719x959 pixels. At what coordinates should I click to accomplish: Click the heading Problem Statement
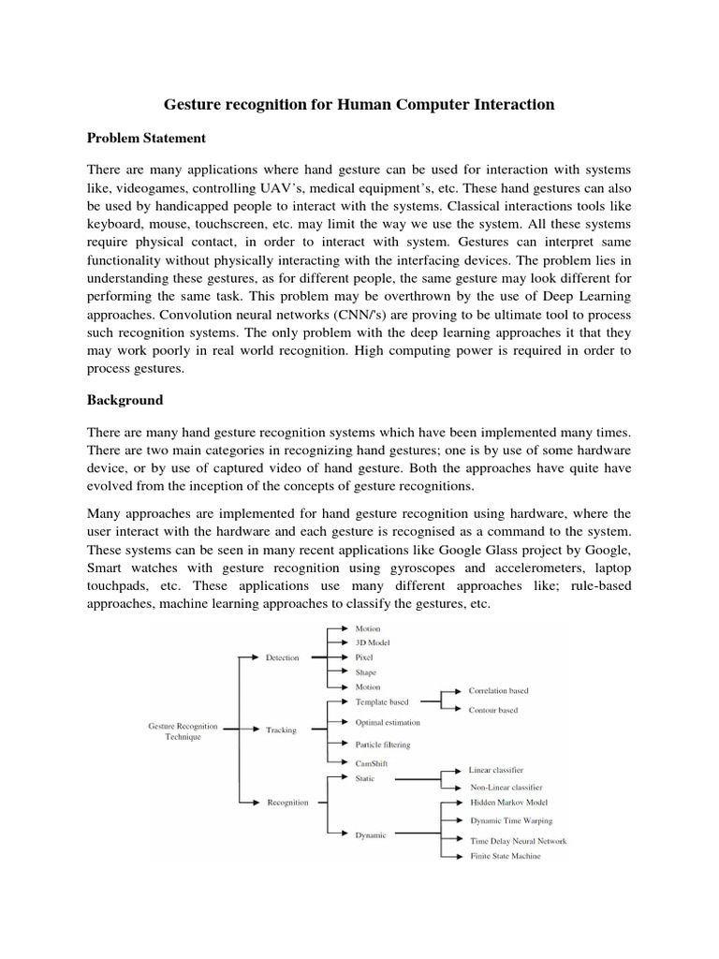146,138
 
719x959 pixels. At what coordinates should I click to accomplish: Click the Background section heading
125,400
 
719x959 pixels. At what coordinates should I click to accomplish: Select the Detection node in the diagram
282,657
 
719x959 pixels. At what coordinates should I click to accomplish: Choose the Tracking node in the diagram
281,730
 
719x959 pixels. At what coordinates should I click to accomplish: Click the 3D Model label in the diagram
373,642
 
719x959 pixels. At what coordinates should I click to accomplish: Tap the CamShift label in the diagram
372,764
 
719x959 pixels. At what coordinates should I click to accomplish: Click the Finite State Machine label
505,856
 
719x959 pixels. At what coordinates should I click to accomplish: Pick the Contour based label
492,710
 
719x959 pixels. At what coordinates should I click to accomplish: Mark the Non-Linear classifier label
506,788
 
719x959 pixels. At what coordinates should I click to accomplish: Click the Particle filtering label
383,745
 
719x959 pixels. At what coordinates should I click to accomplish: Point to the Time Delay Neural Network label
518,841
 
